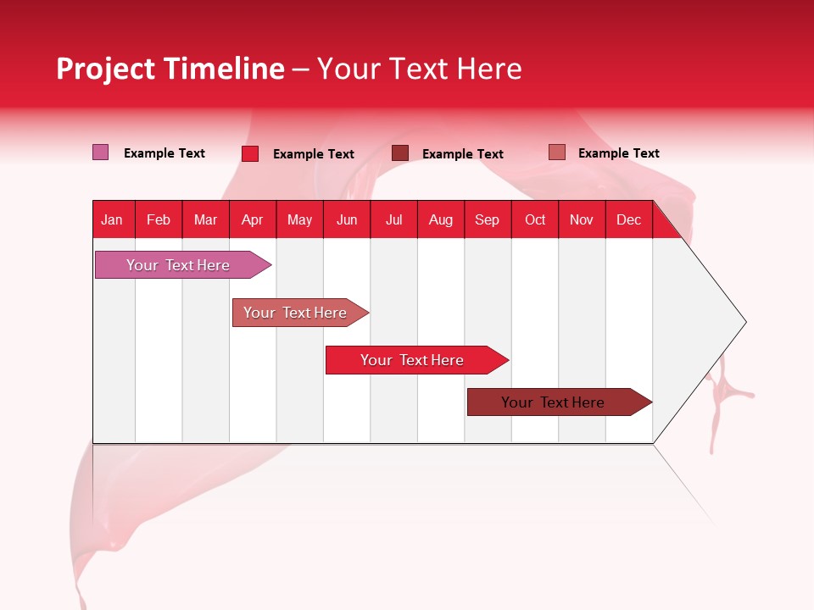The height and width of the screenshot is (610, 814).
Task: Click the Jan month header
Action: click(112, 219)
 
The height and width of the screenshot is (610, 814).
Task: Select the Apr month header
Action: click(252, 219)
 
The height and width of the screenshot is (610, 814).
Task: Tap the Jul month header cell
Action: click(393, 219)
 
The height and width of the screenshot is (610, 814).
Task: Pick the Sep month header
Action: click(487, 219)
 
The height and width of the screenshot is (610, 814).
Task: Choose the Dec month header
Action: click(628, 219)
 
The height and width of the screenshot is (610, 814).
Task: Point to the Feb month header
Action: click(159, 219)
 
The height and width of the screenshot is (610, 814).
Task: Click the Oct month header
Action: click(535, 219)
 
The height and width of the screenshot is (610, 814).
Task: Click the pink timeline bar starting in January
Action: click(178, 265)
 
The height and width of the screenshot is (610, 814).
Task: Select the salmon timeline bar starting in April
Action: click(295, 313)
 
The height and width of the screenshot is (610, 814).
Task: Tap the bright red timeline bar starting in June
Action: click(412, 360)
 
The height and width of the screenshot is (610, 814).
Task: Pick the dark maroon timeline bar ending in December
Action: click(553, 402)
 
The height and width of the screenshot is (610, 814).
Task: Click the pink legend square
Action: click(100, 152)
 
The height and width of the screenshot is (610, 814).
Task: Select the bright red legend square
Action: click(250, 153)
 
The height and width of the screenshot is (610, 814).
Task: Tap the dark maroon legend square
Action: click(400, 153)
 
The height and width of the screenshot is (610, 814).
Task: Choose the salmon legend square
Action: click(556, 152)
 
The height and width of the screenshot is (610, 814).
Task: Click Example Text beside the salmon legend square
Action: click(618, 153)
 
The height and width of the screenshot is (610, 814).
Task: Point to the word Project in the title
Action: click(106, 69)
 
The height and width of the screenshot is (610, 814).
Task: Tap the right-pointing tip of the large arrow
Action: click(744, 322)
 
